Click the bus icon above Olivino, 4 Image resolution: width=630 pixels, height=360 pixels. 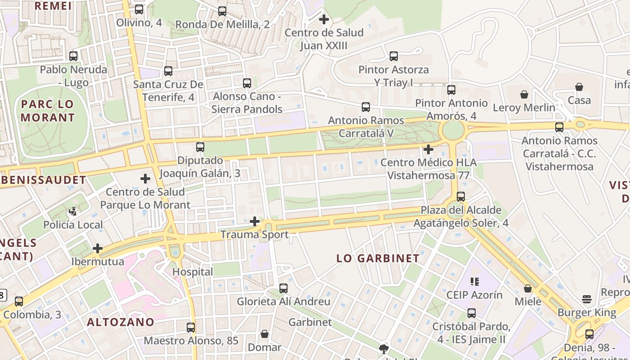tap(139, 9)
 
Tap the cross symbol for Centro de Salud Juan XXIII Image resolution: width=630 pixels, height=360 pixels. tap(324, 19)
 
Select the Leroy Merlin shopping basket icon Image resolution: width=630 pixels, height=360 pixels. tap(524, 94)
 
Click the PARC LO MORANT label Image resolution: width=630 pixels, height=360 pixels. tap(48, 111)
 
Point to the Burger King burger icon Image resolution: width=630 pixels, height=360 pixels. tap(586, 299)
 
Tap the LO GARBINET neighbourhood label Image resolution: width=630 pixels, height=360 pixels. tap(378, 258)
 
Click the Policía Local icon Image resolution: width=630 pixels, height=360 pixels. tap(73, 211)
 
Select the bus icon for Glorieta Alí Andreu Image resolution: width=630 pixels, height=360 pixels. tap(283, 288)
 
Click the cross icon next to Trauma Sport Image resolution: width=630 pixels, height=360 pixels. tap(255, 221)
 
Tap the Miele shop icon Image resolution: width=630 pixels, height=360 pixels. tap(528, 288)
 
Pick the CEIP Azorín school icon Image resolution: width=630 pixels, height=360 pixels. tap(474, 282)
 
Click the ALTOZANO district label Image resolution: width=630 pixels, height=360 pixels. tap(121, 322)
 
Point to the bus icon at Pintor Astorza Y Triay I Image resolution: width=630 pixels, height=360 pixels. tap(394, 56)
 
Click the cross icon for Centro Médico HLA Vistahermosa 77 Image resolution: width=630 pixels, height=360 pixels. tap(428, 149)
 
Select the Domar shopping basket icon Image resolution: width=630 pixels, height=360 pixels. tap(265, 334)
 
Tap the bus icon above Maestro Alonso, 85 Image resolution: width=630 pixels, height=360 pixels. tap(191, 327)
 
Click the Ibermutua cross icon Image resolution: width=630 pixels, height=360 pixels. tap(98, 248)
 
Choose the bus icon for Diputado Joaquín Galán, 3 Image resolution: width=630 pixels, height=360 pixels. tap(200, 147)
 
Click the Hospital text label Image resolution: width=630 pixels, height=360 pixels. tap(193, 272)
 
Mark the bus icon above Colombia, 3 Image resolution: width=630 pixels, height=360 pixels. tap(19, 301)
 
